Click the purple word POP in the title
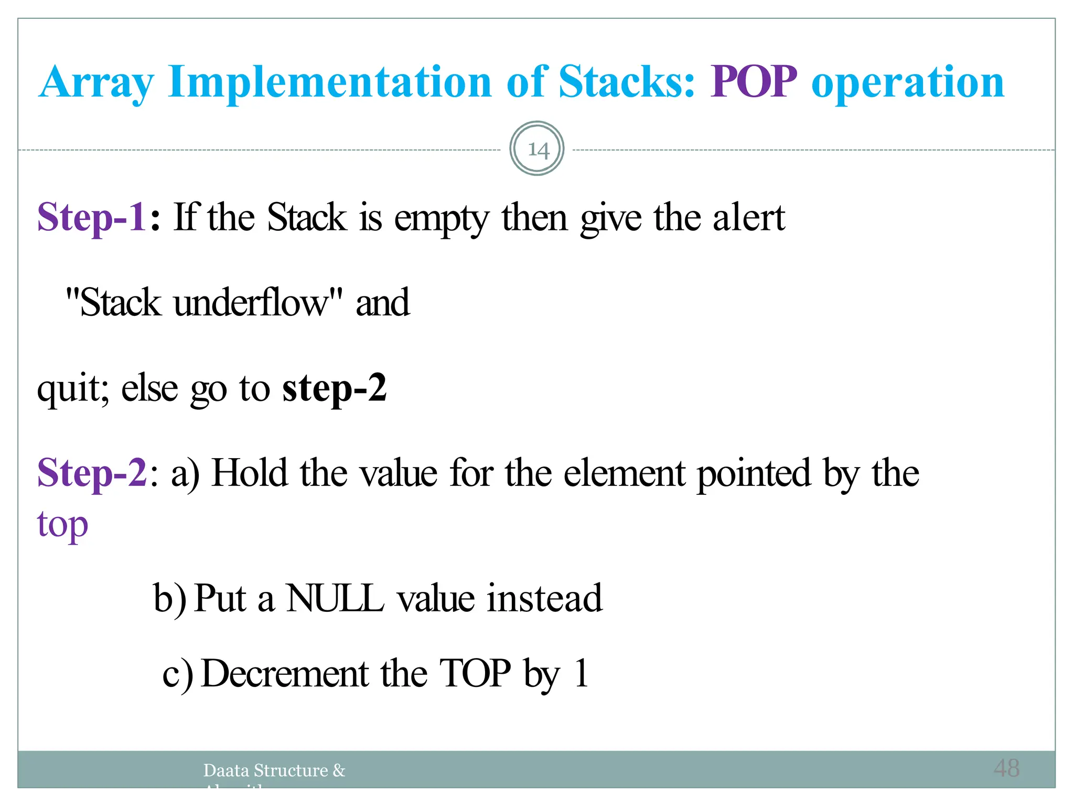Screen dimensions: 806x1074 coord(754,82)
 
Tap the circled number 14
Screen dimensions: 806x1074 coord(537,149)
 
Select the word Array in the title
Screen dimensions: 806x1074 coord(96,83)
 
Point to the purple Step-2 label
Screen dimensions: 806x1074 coord(92,473)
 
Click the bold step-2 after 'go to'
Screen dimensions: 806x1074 coord(334,389)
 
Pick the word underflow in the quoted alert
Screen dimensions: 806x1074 coord(250,303)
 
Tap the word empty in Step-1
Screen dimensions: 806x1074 coord(442,218)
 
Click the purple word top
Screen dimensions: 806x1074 coord(62,524)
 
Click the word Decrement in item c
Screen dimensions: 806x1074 coord(285,673)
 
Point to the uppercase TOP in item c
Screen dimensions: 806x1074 coord(475,673)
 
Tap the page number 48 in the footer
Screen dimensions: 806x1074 coord(1006,768)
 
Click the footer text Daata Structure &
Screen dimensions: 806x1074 coord(274,770)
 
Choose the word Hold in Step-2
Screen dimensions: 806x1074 coord(250,473)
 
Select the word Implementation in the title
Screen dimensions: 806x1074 coord(330,82)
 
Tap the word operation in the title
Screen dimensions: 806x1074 coord(907,82)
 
